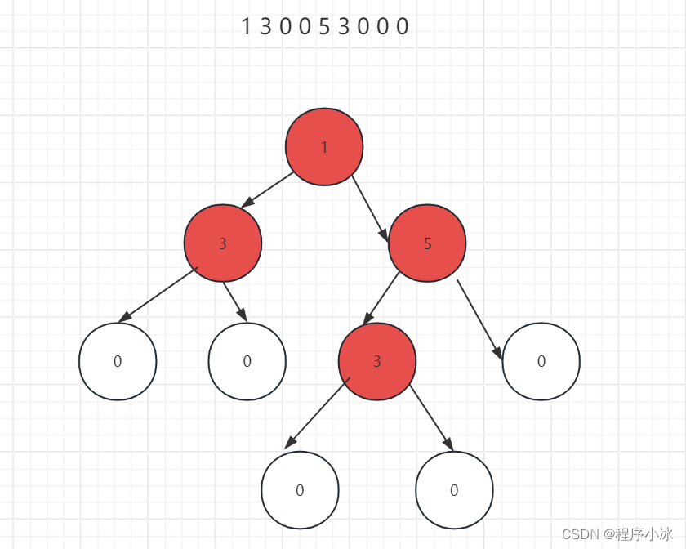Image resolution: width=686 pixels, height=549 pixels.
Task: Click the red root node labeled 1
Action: pyautogui.click(x=324, y=146)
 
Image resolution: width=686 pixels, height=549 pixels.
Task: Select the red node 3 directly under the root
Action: pyautogui.click(x=223, y=243)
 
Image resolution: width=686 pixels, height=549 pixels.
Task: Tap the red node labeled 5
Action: pyautogui.click(x=427, y=243)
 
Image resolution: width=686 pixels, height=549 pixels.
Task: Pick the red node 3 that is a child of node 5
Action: pyautogui.click(x=377, y=361)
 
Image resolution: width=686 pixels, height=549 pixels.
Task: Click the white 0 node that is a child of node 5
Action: pyautogui.click(x=541, y=361)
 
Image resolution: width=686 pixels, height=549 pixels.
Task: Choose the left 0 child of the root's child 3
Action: pyautogui.click(x=118, y=361)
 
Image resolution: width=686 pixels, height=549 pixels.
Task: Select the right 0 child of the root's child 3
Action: pyautogui.click(x=247, y=361)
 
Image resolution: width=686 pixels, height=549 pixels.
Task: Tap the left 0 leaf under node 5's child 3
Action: pyautogui.click(x=300, y=490)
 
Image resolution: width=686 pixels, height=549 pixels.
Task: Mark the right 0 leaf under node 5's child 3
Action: pyautogui.click(x=454, y=490)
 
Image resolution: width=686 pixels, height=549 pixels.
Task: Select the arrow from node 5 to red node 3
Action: pyautogui.click(x=381, y=298)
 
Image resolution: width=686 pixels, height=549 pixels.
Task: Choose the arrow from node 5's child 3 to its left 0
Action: pyautogui.click(x=317, y=413)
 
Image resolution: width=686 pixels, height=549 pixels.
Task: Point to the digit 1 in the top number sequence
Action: pyautogui.click(x=245, y=27)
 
